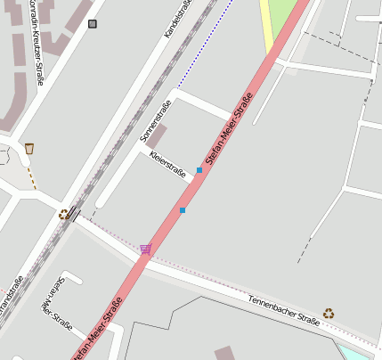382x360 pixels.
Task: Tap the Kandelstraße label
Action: (178, 19)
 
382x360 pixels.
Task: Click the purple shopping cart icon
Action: (145, 249)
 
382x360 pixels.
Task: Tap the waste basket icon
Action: (29, 148)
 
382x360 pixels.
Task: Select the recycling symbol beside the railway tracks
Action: (63, 214)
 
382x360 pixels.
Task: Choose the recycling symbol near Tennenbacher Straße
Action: (329, 313)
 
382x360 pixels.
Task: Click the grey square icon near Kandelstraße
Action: (93, 24)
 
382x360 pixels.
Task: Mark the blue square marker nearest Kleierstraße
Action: (199, 169)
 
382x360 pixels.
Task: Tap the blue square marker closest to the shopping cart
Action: (183, 210)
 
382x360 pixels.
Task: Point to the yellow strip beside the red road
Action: (267, 27)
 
